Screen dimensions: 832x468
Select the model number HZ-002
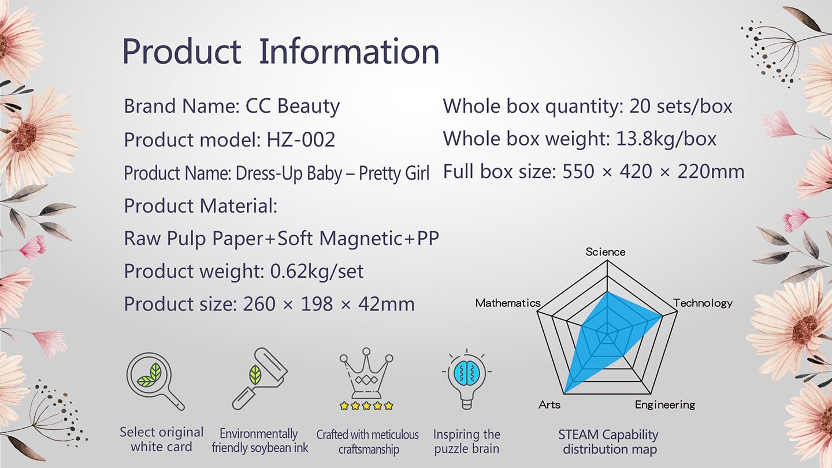click(301, 140)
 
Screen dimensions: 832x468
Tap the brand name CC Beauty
click(293, 106)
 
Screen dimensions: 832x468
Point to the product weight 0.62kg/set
click(317, 271)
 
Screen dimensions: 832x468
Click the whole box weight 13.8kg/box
click(666, 139)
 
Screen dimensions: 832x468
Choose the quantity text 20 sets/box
click(681, 106)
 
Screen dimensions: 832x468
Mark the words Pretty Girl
click(394, 173)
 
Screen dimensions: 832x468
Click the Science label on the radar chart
click(606, 252)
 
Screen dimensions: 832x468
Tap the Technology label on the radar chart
click(703, 303)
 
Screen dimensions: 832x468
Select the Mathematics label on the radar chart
click(508, 303)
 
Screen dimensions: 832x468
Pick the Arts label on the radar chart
click(549, 404)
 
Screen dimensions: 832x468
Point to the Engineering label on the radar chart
click(665, 405)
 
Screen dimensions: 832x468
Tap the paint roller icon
click(260, 379)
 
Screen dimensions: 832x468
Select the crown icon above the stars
click(366, 374)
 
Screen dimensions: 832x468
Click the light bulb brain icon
click(467, 379)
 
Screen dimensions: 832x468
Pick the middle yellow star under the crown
click(366, 406)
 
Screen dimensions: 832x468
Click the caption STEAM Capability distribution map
click(609, 441)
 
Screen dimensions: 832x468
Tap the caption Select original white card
click(162, 439)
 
